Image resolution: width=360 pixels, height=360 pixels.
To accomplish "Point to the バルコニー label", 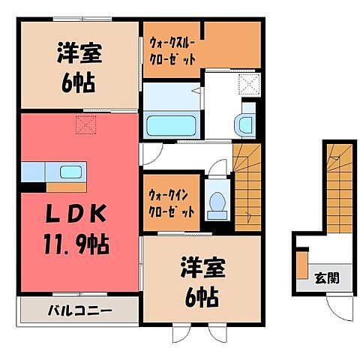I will click(76, 308).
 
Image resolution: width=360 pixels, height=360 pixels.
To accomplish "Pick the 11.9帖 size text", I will click(76, 244).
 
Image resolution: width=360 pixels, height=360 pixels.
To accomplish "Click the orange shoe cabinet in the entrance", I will click(301, 267).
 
